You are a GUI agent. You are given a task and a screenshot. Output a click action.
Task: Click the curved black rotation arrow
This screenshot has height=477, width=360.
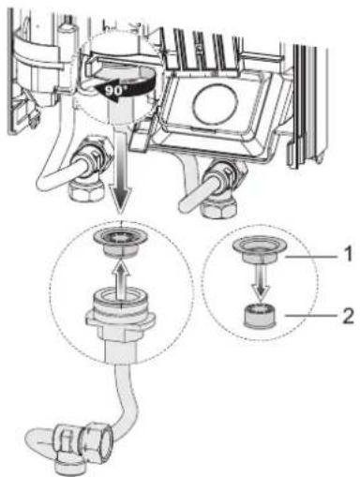103,85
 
